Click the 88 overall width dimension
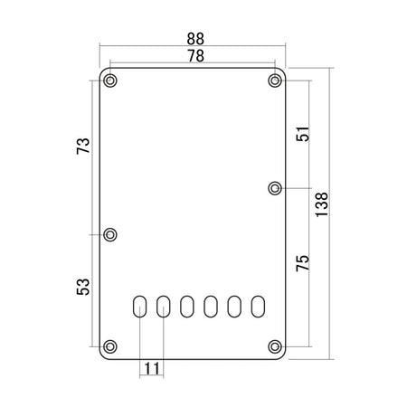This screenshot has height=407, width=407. click(195, 39)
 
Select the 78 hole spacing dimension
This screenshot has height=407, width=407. click(195, 56)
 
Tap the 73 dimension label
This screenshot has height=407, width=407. click(83, 147)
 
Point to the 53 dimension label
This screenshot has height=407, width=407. click(83, 287)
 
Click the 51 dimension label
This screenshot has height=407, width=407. click(303, 134)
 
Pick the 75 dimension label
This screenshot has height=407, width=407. click(303, 263)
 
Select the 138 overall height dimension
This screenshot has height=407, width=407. click(321, 204)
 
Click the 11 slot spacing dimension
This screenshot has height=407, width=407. click(152, 368)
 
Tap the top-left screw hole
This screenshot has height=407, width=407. click(110, 80)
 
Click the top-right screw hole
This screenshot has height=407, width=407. click(275, 80)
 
